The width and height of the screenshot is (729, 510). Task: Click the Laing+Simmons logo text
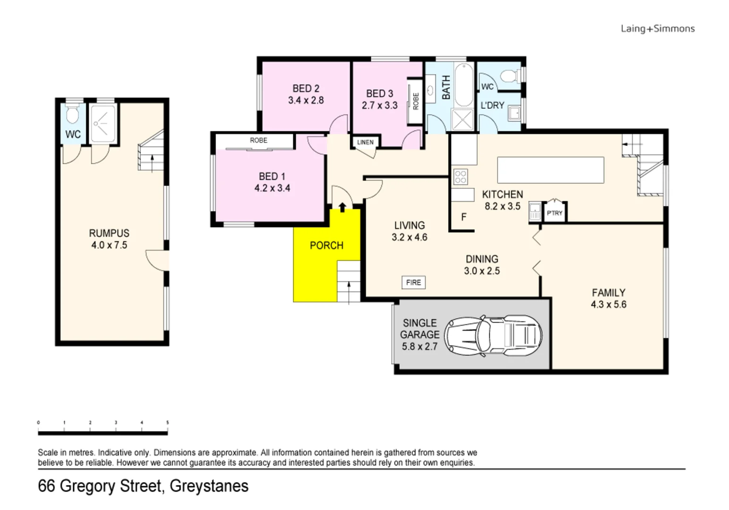(657, 29)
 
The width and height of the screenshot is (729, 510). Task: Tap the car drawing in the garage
(493, 335)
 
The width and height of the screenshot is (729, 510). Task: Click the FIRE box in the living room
(413, 282)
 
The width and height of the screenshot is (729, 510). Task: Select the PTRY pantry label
(555, 213)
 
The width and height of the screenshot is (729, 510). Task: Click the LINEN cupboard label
(365, 142)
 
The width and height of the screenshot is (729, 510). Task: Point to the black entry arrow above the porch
(343, 206)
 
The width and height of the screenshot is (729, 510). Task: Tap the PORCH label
(326, 246)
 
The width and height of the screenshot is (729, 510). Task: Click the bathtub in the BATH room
(463, 85)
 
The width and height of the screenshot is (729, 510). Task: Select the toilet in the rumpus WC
(72, 115)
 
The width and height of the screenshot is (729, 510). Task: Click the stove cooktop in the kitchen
(460, 177)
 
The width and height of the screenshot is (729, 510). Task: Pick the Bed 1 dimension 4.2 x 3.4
(272, 188)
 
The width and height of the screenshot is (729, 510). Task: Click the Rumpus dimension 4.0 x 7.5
(109, 245)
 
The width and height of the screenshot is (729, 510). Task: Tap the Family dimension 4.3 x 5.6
(609, 305)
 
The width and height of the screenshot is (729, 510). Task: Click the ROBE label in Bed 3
(416, 101)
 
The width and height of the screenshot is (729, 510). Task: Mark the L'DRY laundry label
(492, 105)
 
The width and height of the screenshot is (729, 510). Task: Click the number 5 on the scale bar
(167, 423)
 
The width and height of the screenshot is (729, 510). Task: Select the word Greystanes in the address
(209, 486)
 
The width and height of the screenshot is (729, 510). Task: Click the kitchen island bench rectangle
(550, 170)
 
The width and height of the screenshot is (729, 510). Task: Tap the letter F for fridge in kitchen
(463, 217)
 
